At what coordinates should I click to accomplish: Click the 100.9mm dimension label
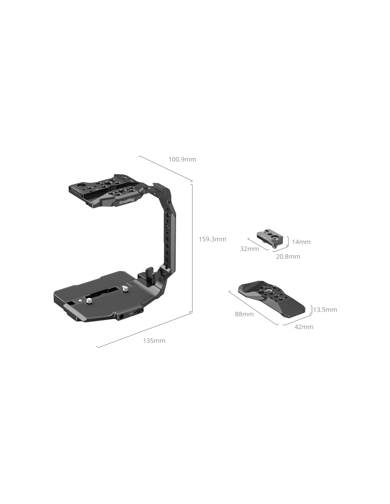[x=182, y=159]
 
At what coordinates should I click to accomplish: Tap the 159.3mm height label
[x=212, y=239]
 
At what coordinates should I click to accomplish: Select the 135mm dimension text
[x=154, y=341]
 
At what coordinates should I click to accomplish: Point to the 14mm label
[x=301, y=242]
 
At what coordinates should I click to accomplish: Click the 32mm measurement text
[x=249, y=249]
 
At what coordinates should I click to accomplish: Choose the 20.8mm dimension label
[x=288, y=257]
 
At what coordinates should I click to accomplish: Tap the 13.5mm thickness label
[x=325, y=310]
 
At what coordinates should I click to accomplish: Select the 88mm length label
[x=244, y=314]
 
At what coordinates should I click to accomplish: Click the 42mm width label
[x=304, y=327]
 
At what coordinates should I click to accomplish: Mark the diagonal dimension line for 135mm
[x=144, y=330]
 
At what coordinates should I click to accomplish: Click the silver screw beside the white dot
[x=89, y=301]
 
